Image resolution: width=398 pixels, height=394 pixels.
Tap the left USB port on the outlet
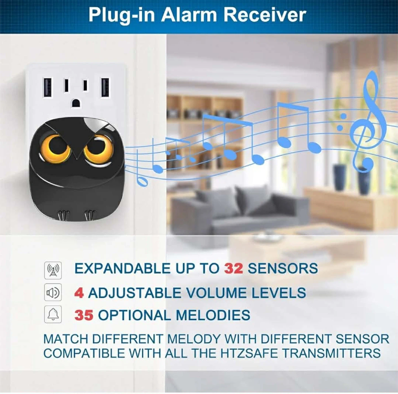pos(48,88)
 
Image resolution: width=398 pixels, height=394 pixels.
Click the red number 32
pos(234,268)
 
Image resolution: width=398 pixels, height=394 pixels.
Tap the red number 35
pos(84,315)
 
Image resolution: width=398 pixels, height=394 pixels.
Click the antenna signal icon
pos(53,270)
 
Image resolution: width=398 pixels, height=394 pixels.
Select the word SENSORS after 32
pos(283,268)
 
